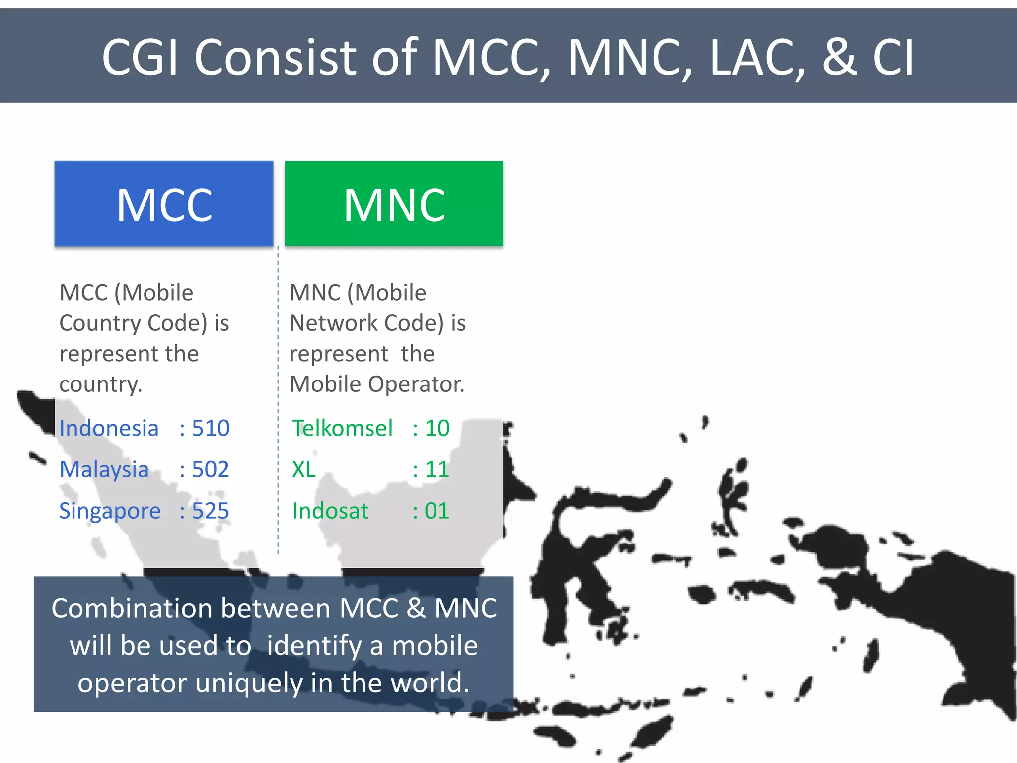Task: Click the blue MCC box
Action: point(164,204)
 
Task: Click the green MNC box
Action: point(394,204)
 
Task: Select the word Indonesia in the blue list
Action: point(109,428)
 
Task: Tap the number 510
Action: point(211,428)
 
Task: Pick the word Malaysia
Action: point(104,469)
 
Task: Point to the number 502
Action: point(211,469)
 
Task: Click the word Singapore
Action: point(110,511)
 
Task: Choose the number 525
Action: point(211,511)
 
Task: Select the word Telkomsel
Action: point(342,428)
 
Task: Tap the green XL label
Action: point(304,469)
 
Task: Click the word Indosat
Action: point(330,511)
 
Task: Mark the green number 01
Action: point(436,511)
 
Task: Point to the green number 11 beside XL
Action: point(437,469)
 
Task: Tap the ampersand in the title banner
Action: point(839,58)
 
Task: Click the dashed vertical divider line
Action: point(278,397)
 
